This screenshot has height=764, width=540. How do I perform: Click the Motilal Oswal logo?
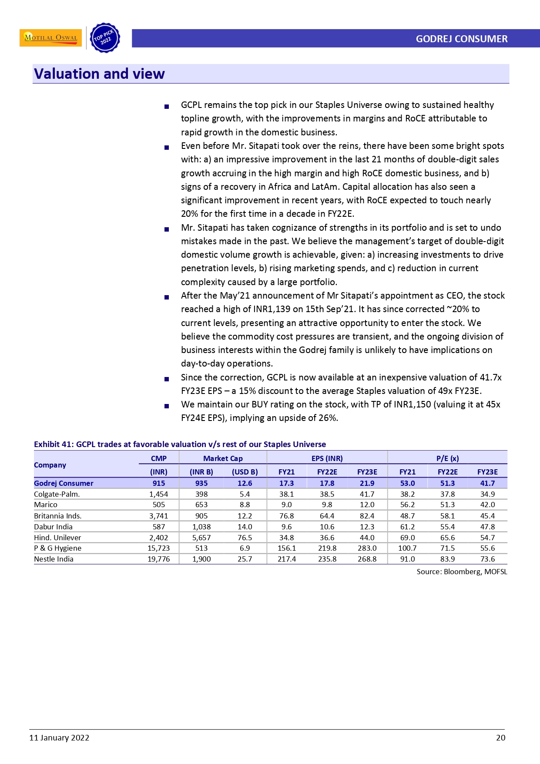point(50,38)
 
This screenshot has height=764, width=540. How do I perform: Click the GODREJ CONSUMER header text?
point(461,39)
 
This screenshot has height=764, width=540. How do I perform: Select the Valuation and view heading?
point(99,74)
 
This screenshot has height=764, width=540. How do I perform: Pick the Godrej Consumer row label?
point(64,483)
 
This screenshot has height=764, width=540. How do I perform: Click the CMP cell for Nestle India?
point(158,559)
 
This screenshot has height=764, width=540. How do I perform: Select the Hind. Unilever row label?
point(57,538)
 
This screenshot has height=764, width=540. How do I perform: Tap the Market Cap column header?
point(223,458)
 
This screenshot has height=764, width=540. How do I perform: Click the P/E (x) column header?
point(447,458)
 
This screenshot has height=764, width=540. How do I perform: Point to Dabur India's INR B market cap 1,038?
point(201,527)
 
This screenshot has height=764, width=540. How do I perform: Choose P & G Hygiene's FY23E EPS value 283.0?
point(367,548)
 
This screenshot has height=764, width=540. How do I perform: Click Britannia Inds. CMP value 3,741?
point(158,516)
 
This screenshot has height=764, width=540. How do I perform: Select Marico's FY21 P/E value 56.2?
point(407,505)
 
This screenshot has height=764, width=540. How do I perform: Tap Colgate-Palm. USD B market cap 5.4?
point(245,494)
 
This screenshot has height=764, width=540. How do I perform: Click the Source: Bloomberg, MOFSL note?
point(462,572)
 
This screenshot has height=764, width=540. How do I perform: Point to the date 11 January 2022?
point(59,737)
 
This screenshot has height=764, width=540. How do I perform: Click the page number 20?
point(500,737)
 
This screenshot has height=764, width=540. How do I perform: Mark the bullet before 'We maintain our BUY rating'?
point(167,406)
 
